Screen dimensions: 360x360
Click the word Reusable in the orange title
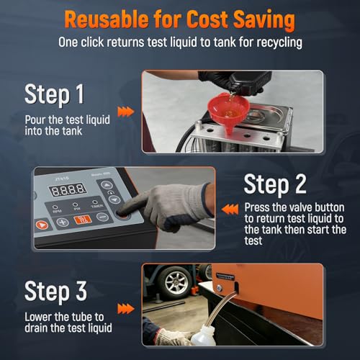107,19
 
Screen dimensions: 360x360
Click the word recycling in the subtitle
279,42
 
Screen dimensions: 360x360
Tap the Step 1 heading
55,94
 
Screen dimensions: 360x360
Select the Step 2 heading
275,184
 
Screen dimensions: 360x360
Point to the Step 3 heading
55,292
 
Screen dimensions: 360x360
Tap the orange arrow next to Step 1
126,112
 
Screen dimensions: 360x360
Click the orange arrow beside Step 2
230,210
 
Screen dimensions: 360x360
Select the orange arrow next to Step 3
126,309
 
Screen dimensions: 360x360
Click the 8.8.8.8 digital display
68,190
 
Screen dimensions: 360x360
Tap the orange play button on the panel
42,225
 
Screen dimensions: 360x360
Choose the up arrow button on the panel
107,185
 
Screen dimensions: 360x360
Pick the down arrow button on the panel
114,199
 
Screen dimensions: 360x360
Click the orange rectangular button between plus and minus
82,220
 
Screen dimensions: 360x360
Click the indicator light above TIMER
95,202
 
